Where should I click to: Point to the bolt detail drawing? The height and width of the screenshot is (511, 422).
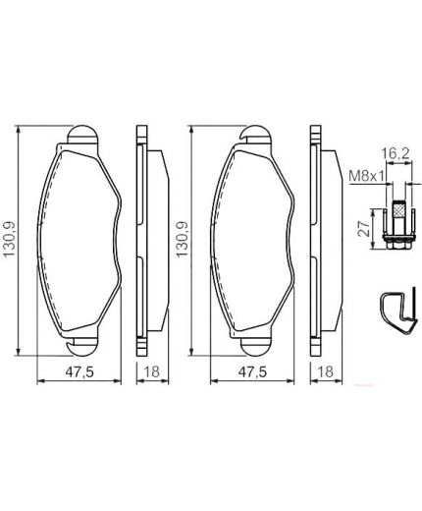click(397, 226)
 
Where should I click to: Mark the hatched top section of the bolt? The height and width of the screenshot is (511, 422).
click(397, 210)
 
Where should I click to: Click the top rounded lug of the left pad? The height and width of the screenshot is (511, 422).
click(80, 136)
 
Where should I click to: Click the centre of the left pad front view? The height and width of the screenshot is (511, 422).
click(79, 241)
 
